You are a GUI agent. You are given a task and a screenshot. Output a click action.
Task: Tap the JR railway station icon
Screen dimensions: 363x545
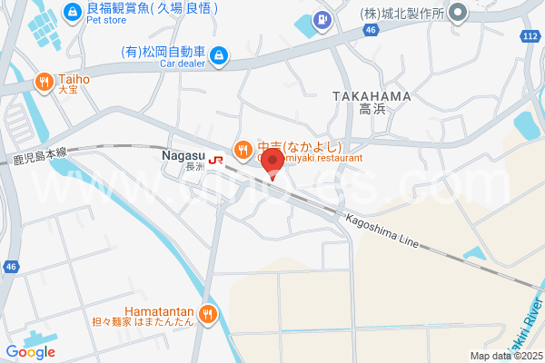coord(216,159)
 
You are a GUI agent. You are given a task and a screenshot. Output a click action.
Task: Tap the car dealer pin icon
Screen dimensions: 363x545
coord(218,57)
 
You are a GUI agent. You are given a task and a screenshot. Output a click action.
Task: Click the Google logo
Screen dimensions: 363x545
coord(30,352)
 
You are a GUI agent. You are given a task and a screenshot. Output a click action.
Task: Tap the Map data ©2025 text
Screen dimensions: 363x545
coord(506,356)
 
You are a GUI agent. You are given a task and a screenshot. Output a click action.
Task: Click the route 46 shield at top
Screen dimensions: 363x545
coord(370,30)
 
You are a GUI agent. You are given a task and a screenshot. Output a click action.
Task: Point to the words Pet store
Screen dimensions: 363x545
coord(107,20)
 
